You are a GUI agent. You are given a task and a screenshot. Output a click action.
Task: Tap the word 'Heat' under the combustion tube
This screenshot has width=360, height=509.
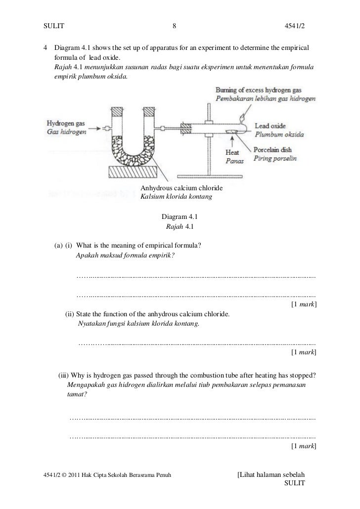[x=232, y=153]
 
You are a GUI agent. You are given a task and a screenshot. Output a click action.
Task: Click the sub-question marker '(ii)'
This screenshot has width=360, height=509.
[x=70, y=314]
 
